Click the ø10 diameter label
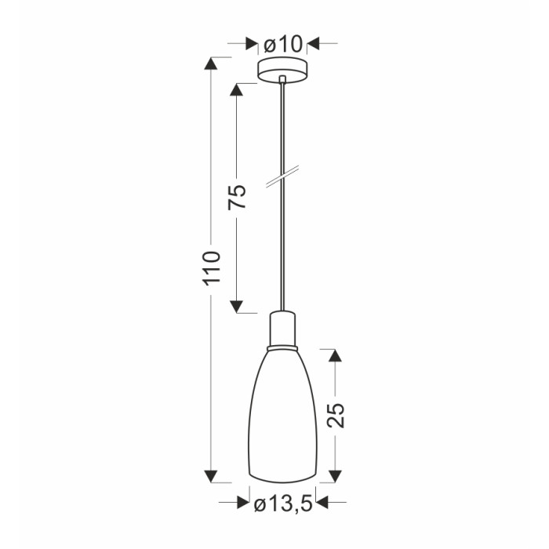point(282,45)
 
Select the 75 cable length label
point(237,197)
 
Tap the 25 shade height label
point(336,415)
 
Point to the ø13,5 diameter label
point(283,504)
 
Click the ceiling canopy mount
point(282,71)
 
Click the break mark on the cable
point(282,176)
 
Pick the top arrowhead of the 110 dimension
point(211,64)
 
